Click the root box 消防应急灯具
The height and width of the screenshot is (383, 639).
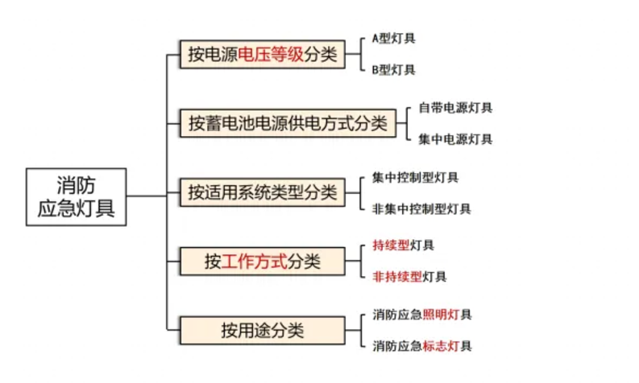coord(77,197)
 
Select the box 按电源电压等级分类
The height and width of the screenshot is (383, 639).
coord(263,54)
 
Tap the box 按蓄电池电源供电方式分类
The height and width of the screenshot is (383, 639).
coord(288,123)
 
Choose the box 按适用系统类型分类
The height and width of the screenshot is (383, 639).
coord(263,192)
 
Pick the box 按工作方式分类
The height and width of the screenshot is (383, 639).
coord(263,262)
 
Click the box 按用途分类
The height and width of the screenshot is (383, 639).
coord(263,331)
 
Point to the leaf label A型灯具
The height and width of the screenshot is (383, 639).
coord(394,39)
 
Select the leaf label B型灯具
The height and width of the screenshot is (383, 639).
coord(394,70)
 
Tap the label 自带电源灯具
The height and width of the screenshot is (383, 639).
coord(455,108)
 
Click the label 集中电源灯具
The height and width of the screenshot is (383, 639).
coord(455,139)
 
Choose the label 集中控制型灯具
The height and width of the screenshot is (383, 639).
coord(415,178)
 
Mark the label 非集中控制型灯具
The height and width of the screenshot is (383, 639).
coord(421,208)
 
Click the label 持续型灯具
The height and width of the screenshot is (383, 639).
coord(403,245)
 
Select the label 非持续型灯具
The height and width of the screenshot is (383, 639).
coord(409,277)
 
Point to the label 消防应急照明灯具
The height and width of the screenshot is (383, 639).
coord(421,315)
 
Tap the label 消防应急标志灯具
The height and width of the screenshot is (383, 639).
coord(421,346)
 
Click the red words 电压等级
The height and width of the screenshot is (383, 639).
coord(271,54)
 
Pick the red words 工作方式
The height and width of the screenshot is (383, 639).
coord(255,262)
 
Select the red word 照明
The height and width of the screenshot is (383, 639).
coord(435,315)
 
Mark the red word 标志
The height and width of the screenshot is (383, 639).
coord(435,346)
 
